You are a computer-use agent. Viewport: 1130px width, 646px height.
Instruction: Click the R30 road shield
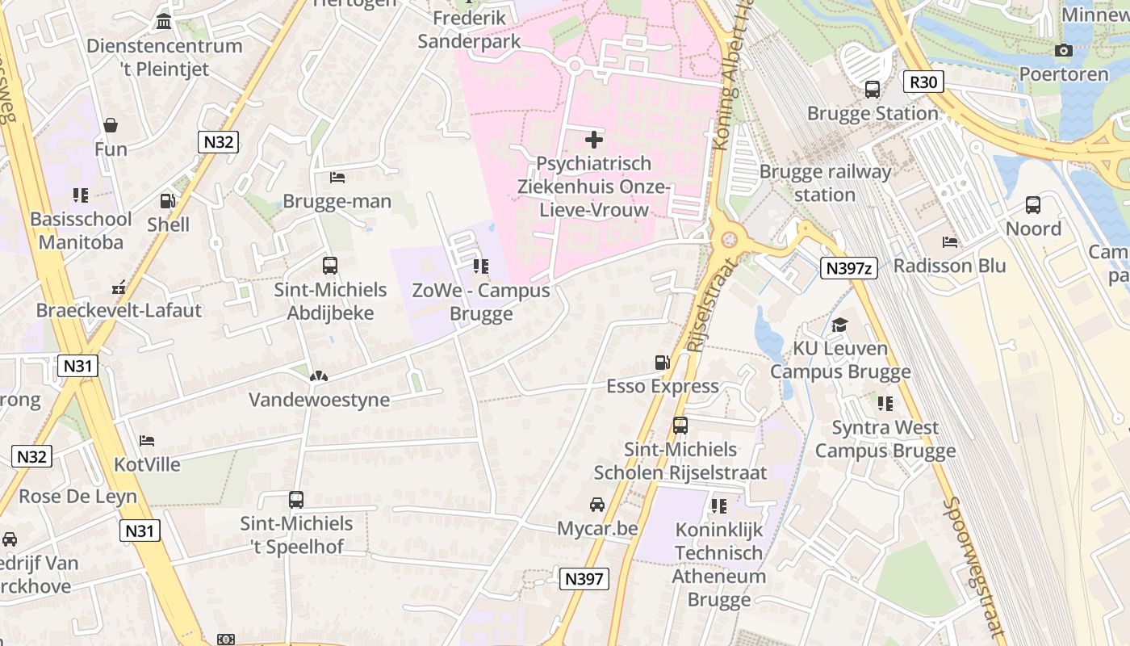pos(923,82)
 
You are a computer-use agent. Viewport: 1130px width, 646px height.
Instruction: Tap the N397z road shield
pos(848,268)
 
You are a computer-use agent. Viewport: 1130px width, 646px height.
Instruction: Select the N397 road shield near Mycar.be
pos(584,578)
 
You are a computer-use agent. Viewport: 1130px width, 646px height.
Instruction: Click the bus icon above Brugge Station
pos(873,90)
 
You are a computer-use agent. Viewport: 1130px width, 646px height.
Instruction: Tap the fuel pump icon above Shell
pos(168,201)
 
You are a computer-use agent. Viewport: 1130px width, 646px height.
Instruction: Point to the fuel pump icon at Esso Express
pos(663,363)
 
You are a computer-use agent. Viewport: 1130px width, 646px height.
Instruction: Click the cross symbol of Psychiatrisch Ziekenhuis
pos(594,140)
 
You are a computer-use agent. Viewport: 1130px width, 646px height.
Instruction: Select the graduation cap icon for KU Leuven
pos(840,325)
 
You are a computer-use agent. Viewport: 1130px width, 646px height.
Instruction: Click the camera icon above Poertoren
pos(1063,51)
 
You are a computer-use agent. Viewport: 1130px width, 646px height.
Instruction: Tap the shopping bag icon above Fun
pos(111,125)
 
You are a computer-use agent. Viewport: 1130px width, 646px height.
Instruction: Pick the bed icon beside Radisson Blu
pos(950,242)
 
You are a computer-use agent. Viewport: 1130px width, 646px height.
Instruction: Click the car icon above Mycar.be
pos(597,505)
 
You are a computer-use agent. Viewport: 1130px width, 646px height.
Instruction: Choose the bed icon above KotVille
pos(147,441)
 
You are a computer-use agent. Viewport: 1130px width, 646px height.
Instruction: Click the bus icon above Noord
pos(1033,205)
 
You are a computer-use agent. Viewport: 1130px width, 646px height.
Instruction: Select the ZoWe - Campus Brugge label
pos(481,302)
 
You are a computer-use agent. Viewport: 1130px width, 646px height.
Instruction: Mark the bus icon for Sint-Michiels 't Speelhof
pos(296,500)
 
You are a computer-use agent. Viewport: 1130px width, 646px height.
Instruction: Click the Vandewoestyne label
pos(319,400)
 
